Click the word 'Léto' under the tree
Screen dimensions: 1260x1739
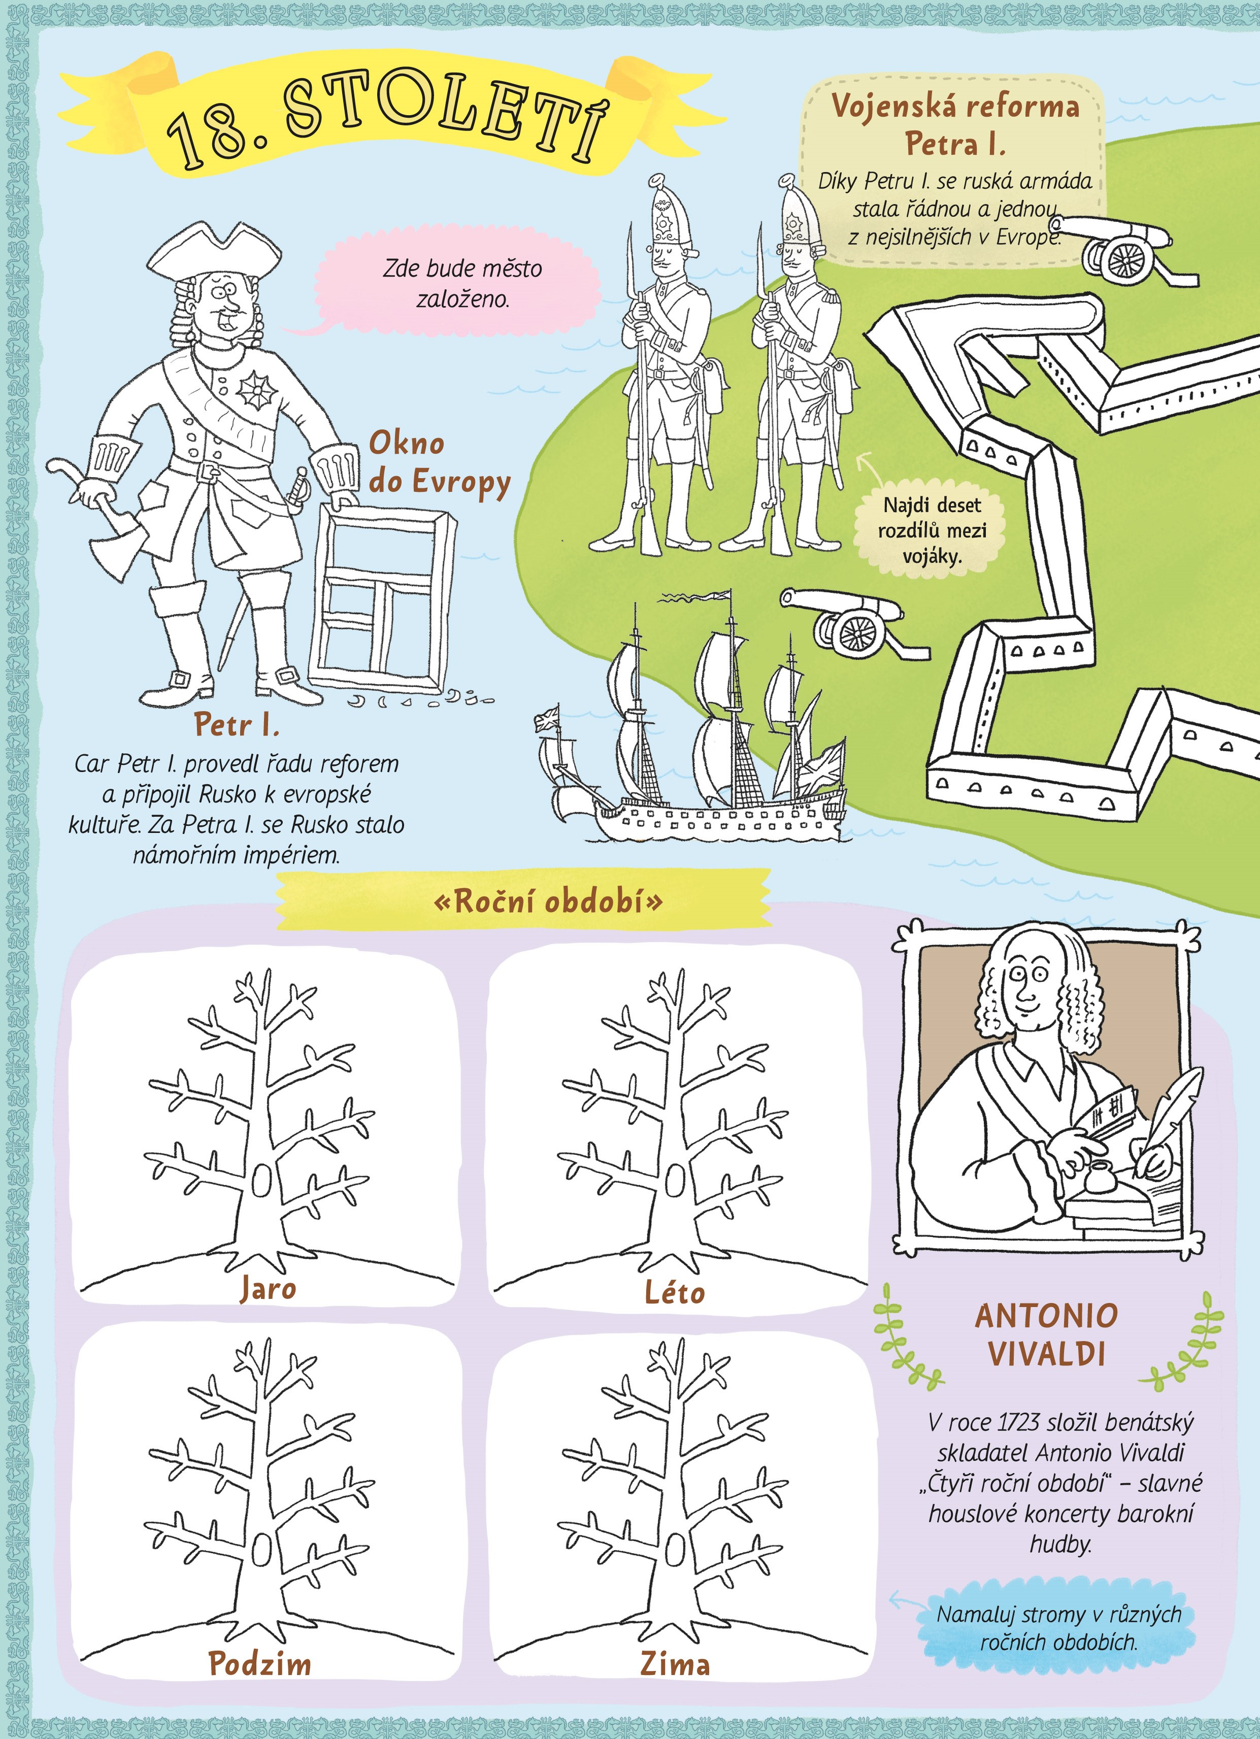675,1292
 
